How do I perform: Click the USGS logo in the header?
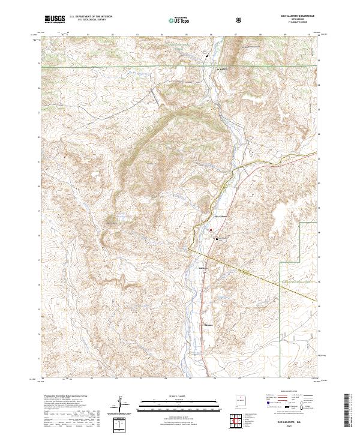[x=55, y=20]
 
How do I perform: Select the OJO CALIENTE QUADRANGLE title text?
[x=292, y=17]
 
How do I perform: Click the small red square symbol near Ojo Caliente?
[x=211, y=229]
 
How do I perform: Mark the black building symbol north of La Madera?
[x=207, y=56]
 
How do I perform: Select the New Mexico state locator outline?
[x=241, y=401]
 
